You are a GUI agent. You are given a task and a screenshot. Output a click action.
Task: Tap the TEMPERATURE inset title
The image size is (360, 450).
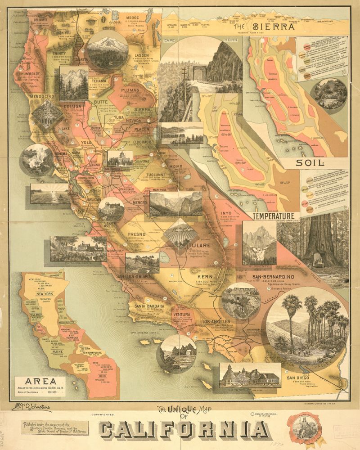pyautogui.click(x=276, y=216)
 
